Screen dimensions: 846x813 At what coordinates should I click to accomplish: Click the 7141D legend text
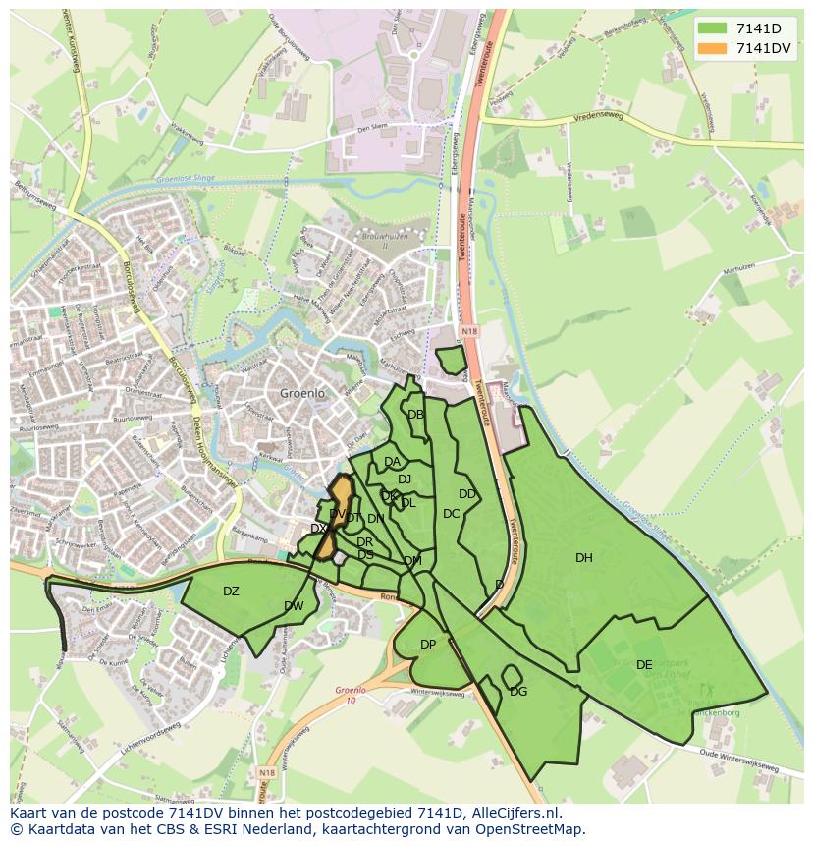[758, 28]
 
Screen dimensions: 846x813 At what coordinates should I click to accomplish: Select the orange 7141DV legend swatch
[714, 48]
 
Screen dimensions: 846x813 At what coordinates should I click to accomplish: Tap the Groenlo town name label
[301, 393]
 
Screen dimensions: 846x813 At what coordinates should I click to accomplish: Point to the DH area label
[584, 558]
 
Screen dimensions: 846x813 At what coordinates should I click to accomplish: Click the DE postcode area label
[644, 665]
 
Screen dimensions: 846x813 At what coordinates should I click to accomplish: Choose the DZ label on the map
[231, 592]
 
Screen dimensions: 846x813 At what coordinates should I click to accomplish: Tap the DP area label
[428, 645]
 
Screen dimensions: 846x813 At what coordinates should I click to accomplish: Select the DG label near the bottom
[518, 692]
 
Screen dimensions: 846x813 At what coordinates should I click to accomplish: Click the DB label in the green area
[415, 415]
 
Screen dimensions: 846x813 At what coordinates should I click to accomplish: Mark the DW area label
[294, 606]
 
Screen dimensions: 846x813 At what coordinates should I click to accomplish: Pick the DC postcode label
[451, 514]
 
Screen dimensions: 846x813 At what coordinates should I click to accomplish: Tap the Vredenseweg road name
[624, 125]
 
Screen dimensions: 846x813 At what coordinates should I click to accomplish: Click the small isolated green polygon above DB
[451, 360]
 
